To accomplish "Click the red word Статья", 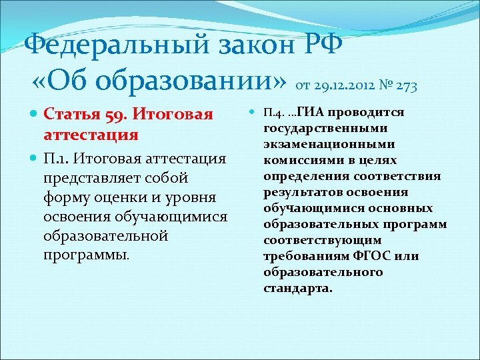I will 71,115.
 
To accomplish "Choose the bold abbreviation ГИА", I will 311,111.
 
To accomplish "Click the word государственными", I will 315,128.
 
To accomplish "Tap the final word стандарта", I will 297,288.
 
